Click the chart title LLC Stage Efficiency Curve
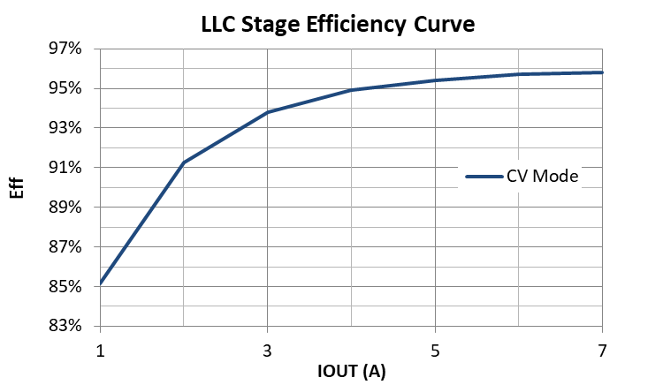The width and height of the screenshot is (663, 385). (339, 24)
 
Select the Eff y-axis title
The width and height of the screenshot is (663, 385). (19, 187)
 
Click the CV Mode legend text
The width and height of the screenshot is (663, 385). (542, 177)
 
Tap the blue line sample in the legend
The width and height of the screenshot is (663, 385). (484, 177)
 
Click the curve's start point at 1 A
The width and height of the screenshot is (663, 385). (101, 283)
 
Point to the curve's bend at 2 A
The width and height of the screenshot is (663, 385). (184, 162)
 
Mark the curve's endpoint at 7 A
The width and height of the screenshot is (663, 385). (602, 72)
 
